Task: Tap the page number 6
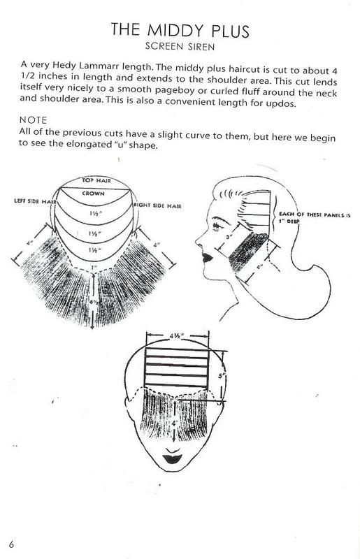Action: click(12, 544)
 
